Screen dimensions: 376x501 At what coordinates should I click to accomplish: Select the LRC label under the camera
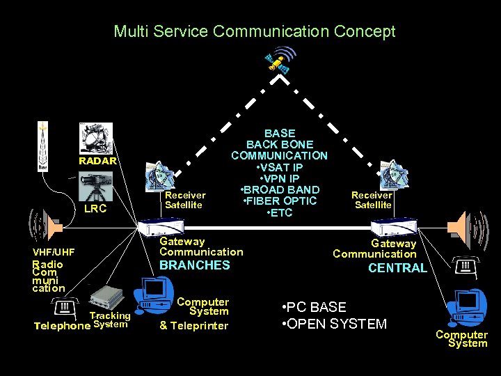[95, 208]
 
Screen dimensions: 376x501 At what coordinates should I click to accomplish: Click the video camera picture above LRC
[96, 187]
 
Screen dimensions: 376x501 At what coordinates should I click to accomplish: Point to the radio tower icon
[43, 148]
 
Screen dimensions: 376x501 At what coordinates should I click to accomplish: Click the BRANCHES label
[195, 265]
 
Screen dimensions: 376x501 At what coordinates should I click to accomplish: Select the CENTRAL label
[397, 268]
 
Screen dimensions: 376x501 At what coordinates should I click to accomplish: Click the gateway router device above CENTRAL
[394, 228]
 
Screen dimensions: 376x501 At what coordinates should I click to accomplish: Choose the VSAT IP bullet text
[280, 167]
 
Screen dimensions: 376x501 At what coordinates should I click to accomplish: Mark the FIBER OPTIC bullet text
[280, 201]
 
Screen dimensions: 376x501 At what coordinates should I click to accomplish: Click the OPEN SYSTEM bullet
[334, 324]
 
